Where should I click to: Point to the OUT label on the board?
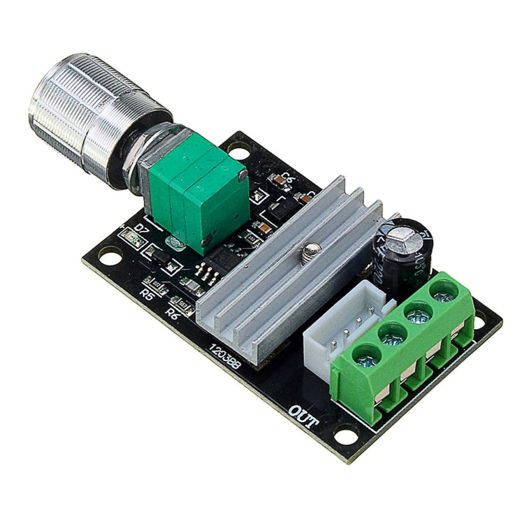305,414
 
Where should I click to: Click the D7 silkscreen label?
143,228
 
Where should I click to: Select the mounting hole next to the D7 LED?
107,257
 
